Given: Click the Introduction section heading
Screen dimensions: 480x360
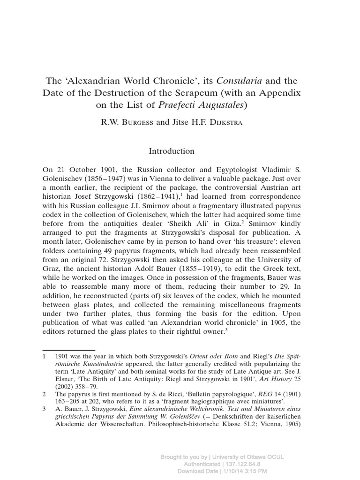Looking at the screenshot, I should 171,151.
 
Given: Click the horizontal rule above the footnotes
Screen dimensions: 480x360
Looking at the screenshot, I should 69,350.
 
